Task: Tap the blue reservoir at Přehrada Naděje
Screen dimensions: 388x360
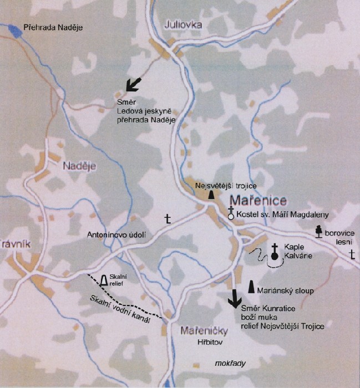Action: click(13, 30)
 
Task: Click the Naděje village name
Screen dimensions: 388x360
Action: click(79, 165)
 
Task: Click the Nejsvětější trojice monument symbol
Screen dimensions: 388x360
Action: click(211, 195)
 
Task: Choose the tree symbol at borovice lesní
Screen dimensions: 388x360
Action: click(319, 231)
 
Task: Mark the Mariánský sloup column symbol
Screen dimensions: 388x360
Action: click(251, 287)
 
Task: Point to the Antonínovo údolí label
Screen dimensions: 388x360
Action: click(116, 235)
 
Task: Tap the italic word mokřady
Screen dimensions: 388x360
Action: click(230, 363)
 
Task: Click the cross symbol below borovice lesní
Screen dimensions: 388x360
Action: click(352, 254)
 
